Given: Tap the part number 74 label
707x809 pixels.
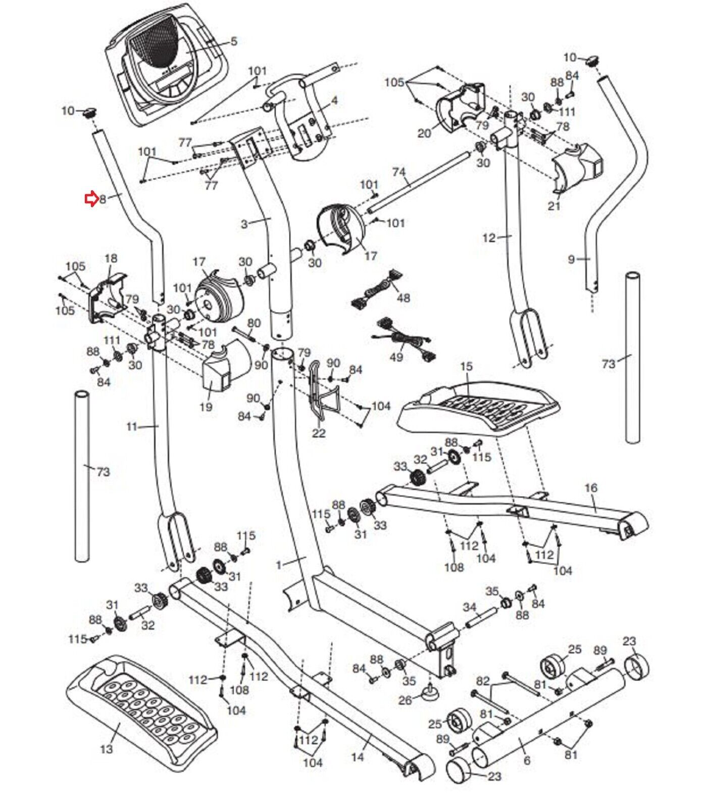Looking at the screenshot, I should tap(399, 172).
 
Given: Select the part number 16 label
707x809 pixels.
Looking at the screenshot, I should tap(591, 488).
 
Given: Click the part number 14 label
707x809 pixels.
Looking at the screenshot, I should tap(358, 757).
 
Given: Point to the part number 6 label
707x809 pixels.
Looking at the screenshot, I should tap(527, 760).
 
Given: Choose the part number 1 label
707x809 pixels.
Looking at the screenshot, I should tap(279, 565).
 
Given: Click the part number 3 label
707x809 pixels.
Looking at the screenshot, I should tap(244, 223).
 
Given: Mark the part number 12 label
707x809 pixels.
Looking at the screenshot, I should tap(489, 238).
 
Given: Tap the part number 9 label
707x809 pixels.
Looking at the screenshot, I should tap(571, 259).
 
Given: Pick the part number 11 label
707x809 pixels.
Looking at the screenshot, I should tap(131, 427).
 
